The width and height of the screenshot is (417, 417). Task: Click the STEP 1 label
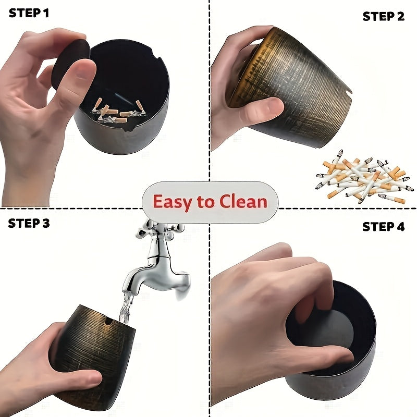(29, 13)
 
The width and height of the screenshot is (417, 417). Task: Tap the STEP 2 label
(384, 17)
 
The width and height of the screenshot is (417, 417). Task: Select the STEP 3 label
(29, 223)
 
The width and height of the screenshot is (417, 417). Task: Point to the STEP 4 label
(383, 227)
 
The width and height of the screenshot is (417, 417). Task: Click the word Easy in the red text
(172, 202)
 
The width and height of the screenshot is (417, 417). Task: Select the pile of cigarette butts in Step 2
(365, 177)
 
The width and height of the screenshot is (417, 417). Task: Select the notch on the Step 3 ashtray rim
(108, 321)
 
